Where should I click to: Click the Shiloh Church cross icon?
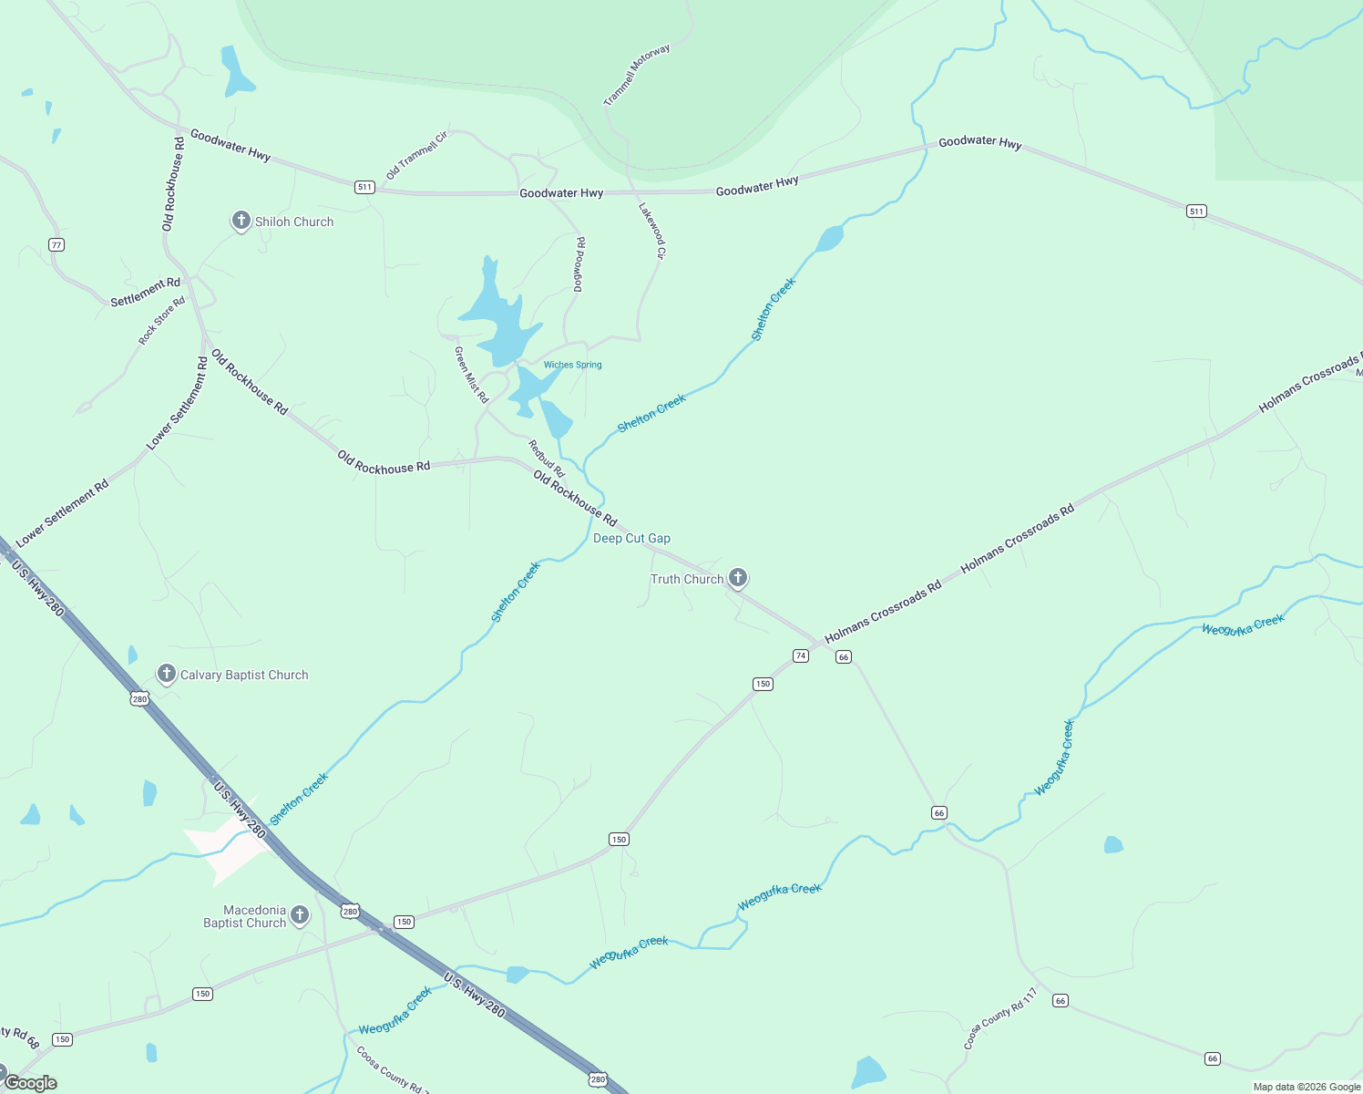point(241,221)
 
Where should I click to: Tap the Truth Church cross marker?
point(738,577)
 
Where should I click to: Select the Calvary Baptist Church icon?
point(166,674)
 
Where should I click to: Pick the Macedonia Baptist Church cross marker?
point(299,915)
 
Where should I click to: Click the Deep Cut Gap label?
point(631,539)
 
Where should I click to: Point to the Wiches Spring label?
point(572,365)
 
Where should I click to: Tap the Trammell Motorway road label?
point(637,75)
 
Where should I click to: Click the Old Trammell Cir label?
point(416,156)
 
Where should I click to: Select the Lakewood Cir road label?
point(652,231)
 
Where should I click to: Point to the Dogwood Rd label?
point(579,264)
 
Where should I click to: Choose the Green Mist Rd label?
point(471,375)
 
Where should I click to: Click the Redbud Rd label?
point(547,459)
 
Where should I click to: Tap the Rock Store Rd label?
point(161,321)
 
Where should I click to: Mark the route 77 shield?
point(56,244)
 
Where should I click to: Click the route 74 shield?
point(801,655)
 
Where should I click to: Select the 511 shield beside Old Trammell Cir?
point(364,187)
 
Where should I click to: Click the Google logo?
point(30,1083)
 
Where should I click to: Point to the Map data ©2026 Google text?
point(1307,1087)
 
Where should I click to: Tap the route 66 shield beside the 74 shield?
point(844,657)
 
